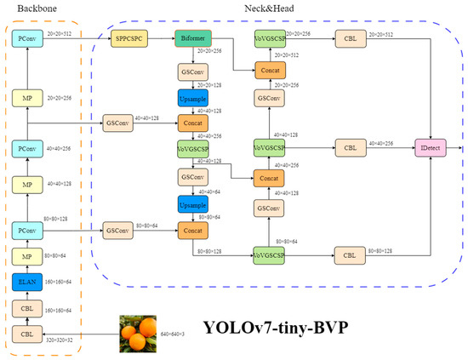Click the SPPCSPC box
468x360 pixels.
(x=129, y=39)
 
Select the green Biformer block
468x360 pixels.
(x=193, y=39)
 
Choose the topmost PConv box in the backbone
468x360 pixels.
(x=27, y=39)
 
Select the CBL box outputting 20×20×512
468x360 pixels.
(x=349, y=39)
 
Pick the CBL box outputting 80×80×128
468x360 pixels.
(x=349, y=254)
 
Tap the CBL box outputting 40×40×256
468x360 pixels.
(x=349, y=147)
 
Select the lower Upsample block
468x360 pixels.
(x=193, y=204)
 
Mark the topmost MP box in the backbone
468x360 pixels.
(x=27, y=99)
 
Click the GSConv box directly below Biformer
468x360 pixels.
(x=193, y=72)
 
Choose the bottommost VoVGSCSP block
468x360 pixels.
(x=269, y=254)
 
